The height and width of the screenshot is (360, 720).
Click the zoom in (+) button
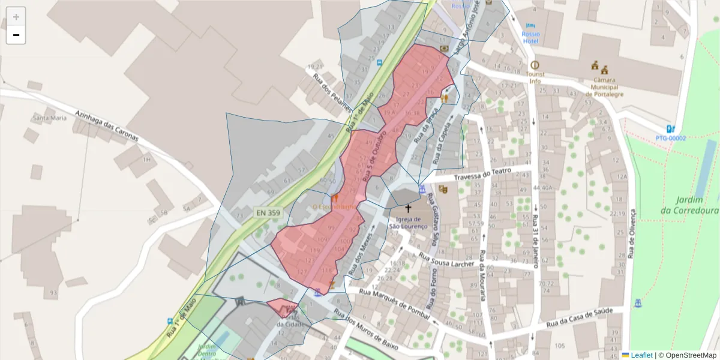pos(16,16)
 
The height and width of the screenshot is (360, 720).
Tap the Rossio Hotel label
pos(531,38)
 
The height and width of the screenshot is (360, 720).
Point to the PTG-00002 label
pos(670,138)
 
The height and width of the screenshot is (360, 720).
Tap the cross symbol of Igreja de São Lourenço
pos(409,209)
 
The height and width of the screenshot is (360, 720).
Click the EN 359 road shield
pos(268,212)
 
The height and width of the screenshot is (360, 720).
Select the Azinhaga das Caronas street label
pos(107,126)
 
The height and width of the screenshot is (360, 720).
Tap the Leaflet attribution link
pos(641,355)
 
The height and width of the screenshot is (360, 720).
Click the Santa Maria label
pos(50,118)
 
